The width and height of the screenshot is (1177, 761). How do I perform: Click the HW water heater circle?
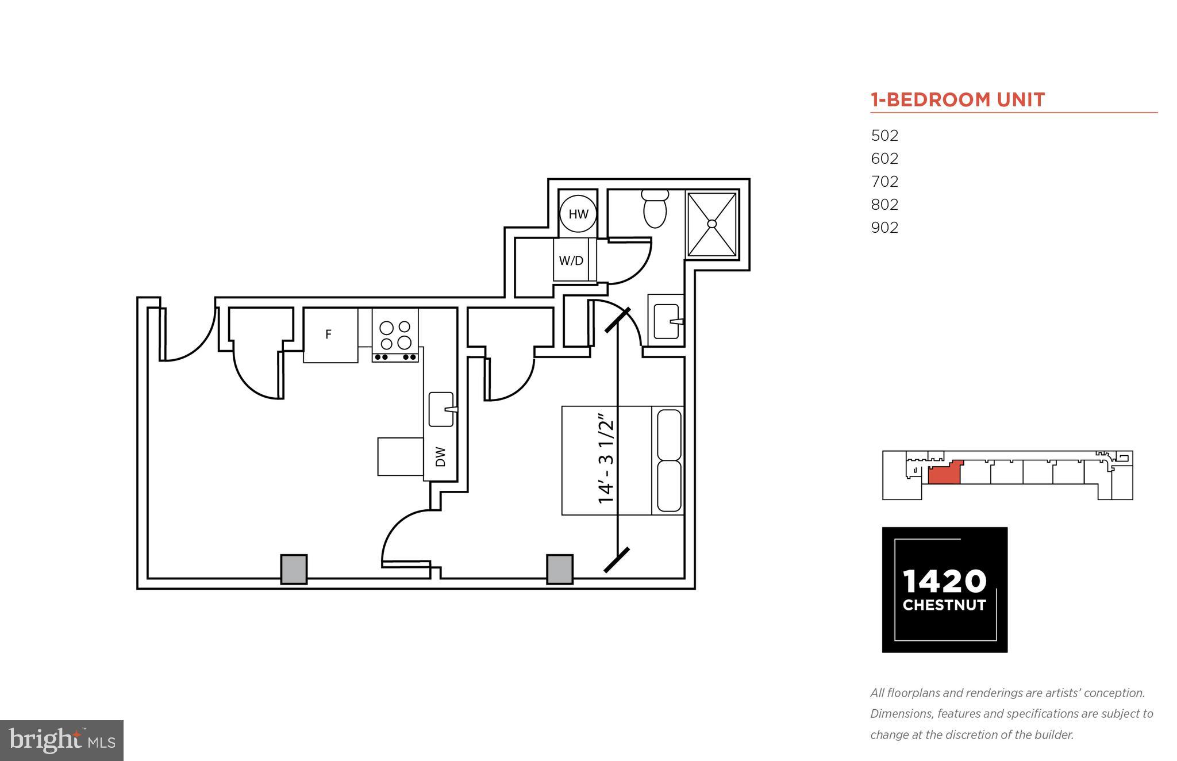click(578, 214)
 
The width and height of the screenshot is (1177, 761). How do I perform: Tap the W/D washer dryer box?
click(571, 260)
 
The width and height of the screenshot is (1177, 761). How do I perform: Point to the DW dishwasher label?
click(441, 457)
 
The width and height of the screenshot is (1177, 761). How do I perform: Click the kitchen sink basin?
click(441, 409)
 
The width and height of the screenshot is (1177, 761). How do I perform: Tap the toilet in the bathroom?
click(655, 209)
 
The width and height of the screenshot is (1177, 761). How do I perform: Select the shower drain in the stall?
click(712, 224)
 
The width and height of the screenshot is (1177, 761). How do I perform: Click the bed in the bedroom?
click(622, 460)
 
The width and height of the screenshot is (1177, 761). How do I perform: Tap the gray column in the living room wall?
click(294, 569)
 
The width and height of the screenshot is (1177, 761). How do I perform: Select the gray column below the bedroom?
click(559, 569)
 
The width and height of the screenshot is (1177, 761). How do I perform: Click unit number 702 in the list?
click(884, 182)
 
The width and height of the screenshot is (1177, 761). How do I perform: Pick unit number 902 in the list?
click(884, 228)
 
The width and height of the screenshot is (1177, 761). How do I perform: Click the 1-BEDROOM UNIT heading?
click(957, 100)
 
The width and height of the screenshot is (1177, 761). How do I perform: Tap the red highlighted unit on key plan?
click(944, 475)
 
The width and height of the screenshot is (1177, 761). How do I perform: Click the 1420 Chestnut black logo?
click(944, 589)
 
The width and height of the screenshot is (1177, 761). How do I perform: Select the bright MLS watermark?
click(61, 740)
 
